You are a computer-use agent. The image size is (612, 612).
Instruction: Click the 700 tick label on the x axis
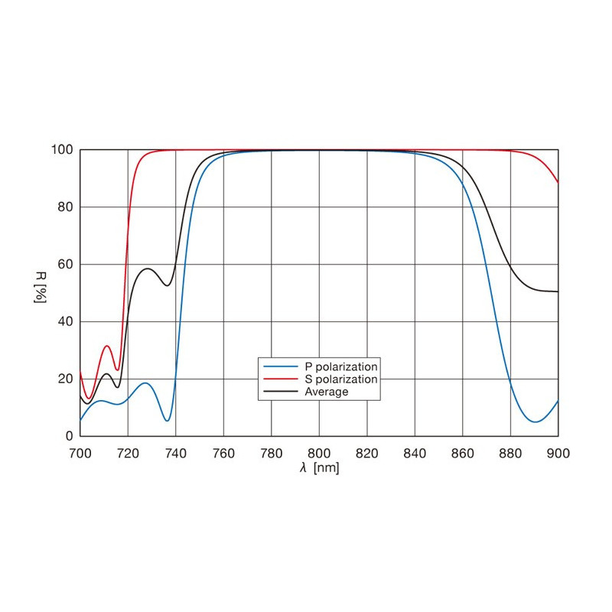pos(80,452)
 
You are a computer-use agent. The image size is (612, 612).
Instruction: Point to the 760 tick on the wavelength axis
pos(223,452)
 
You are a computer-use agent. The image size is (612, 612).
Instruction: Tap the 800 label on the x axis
pos(319,452)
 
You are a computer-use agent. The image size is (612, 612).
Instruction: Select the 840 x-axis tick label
pos(415,452)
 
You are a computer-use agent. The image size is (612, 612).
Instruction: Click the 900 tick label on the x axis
pos(558,452)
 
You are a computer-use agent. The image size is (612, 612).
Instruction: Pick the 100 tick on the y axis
pos(63,150)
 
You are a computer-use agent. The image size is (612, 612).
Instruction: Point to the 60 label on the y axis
pos(66,265)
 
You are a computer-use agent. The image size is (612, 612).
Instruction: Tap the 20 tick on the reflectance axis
pos(66,379)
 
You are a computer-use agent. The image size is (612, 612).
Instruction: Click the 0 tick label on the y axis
pos(69,436)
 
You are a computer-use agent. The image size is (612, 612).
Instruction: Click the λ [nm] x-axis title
pos(319,467)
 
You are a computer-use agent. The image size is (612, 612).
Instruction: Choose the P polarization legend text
pos(342,366)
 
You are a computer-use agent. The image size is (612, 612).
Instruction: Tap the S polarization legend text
pos(342,379)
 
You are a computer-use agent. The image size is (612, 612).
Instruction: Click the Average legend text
pos(327,392)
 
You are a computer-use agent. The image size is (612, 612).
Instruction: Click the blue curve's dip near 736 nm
pos(167,421)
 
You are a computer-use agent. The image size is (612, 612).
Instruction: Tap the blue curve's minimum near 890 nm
pos(535,422)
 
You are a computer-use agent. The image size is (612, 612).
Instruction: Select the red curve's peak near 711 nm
pos(107,346)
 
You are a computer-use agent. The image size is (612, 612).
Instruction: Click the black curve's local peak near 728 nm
pos(148,269)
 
